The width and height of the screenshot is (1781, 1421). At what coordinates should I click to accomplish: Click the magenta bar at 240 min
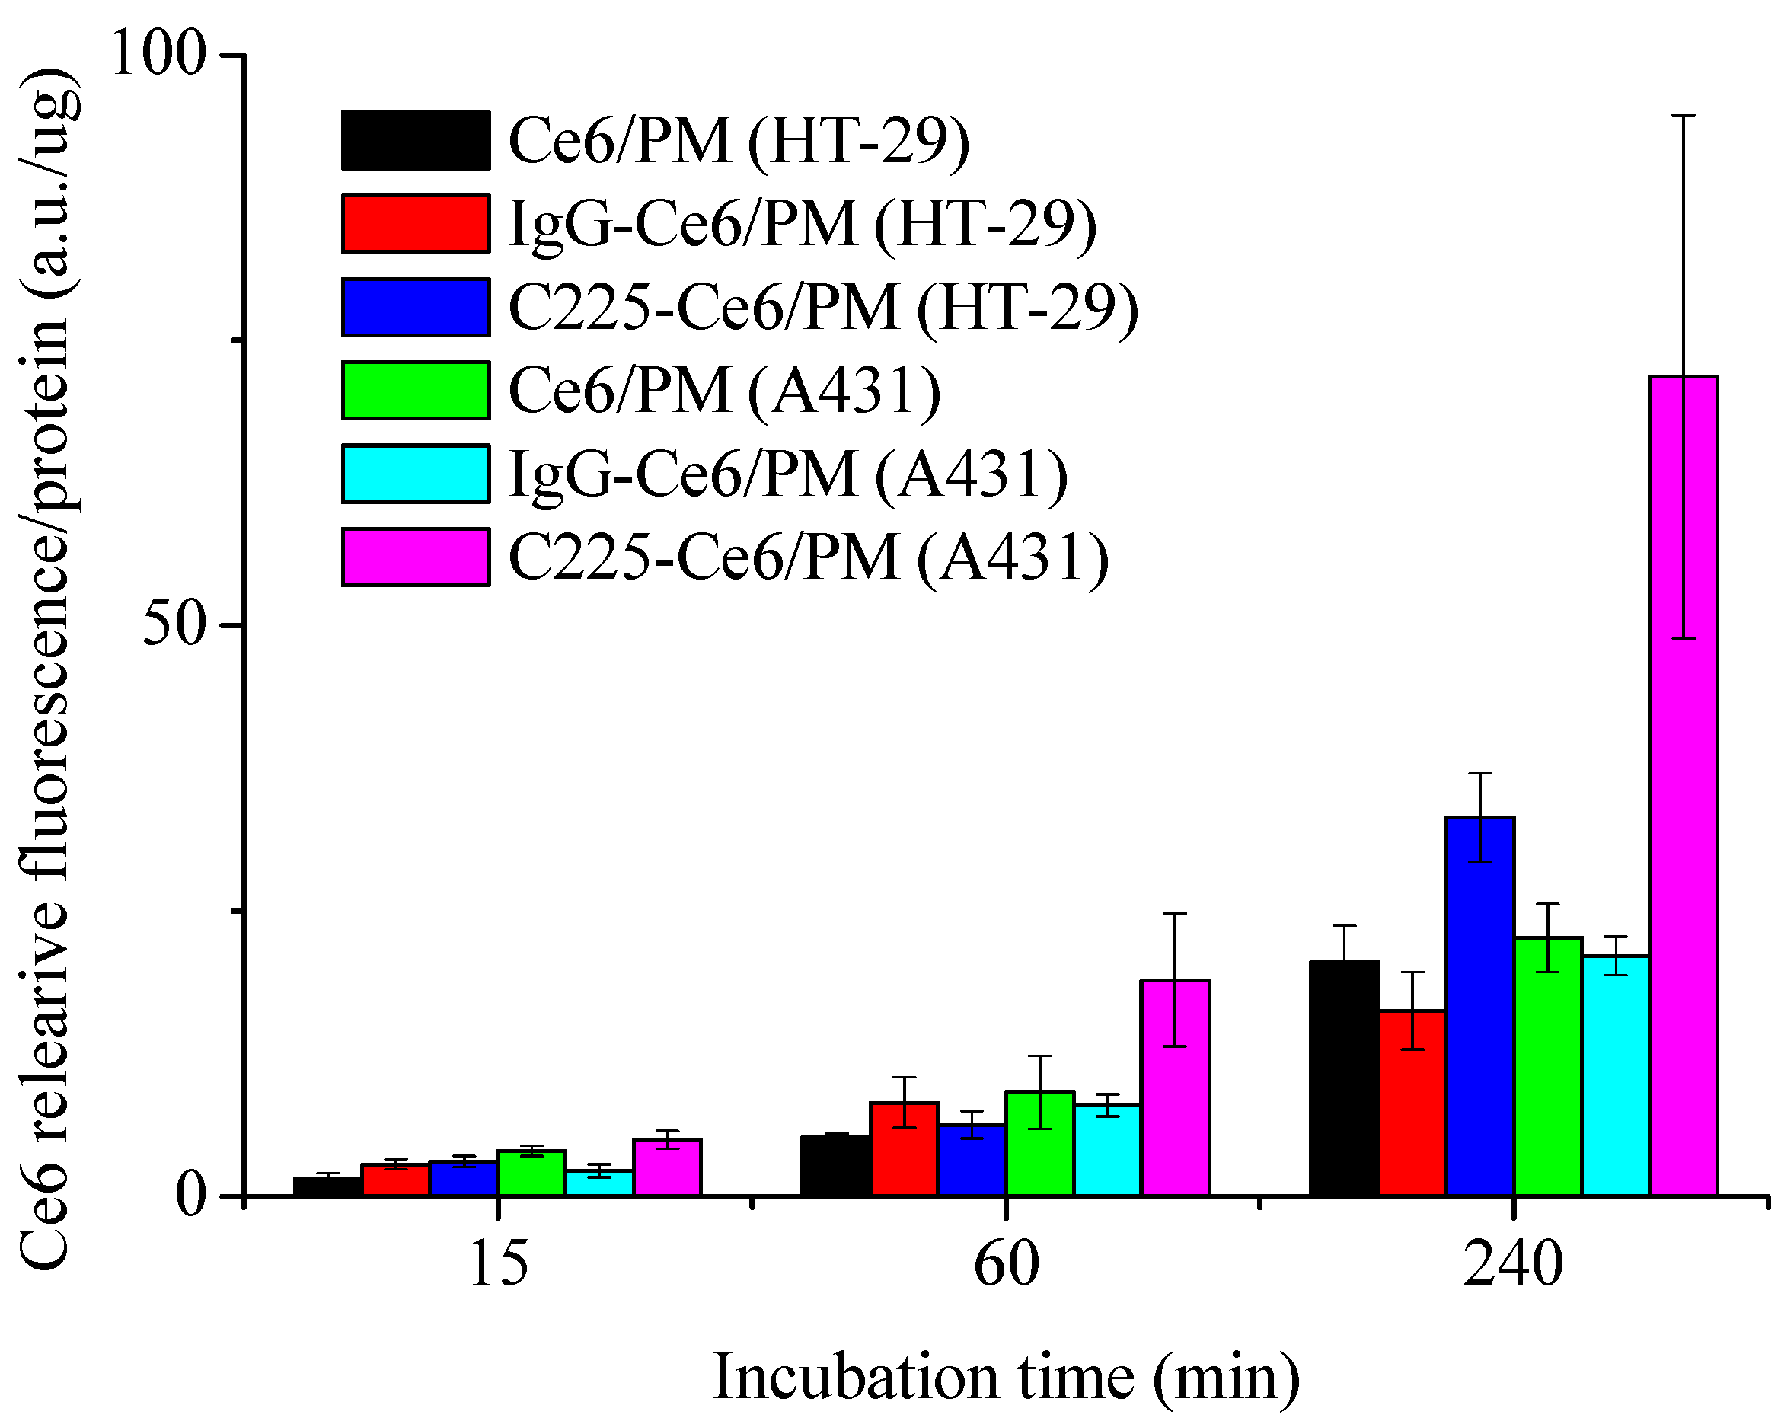pos(1683,785)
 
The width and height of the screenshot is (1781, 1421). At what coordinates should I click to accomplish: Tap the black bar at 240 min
pos(1344,1078)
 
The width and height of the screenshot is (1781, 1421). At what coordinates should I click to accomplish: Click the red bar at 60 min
pos(904,1148)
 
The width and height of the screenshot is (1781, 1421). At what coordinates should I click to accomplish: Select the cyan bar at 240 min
pos(1615,1075)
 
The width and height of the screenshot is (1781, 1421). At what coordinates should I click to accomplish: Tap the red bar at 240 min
pos(1412,1102)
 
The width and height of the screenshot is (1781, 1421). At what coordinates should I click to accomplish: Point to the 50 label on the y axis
pos(174,626)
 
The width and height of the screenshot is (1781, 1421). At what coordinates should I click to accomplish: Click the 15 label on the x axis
pos(498,1265)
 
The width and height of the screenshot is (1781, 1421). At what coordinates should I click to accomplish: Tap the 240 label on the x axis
pos(1512,1265)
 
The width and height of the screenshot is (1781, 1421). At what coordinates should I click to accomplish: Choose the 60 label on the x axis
pos(1005,1265)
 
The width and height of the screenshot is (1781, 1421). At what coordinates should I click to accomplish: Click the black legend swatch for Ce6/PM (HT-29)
pos(416,140)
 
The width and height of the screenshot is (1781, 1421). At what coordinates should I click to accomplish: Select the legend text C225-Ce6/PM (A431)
pos(808,557)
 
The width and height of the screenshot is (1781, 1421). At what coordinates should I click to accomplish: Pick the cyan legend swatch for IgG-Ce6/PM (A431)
pos(416,474)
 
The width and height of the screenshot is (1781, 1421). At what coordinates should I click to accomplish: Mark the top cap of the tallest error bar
pos(1683,116)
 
